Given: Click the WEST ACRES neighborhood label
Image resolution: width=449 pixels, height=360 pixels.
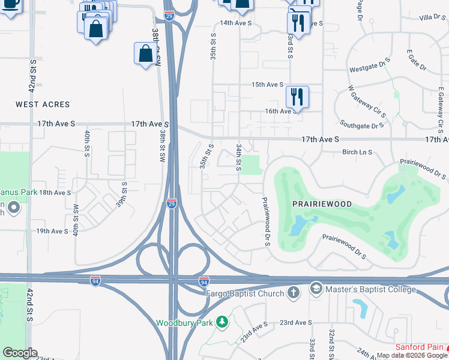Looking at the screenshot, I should pos(43,104).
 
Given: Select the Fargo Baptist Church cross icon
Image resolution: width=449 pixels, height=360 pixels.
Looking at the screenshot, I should pos(293,292).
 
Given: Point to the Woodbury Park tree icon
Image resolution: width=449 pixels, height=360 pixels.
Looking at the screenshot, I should pos(222,322).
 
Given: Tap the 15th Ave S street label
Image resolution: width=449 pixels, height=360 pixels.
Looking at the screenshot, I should pos(267,85).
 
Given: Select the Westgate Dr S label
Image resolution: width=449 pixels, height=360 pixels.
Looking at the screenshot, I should pos(371,68).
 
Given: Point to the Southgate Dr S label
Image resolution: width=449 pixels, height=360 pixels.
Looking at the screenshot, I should pos(361,125).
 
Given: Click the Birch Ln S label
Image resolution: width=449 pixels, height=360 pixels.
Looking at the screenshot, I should pos(357,152).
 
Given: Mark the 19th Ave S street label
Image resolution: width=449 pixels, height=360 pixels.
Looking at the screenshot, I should pos(52,231).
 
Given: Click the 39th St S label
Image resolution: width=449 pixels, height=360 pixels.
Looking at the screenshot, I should pos(124,194).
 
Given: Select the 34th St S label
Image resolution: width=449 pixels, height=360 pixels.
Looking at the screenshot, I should pos(239,156).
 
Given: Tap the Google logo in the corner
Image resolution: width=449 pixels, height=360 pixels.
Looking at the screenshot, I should pos(20,353).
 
